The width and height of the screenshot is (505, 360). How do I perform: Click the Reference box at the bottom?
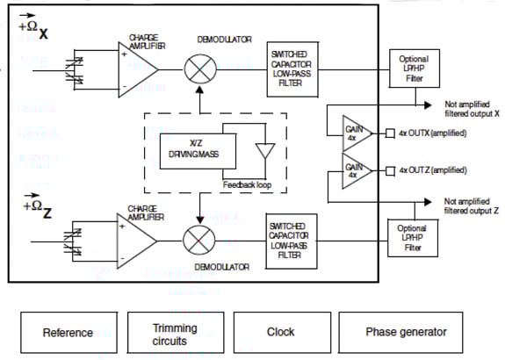pos(68,332)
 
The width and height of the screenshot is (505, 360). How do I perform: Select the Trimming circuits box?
pos(174,333)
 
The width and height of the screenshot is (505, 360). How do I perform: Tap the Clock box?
pos(280,332)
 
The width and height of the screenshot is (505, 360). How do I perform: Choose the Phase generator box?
pos(406,332)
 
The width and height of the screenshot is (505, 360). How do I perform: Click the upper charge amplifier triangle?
pos(138,68)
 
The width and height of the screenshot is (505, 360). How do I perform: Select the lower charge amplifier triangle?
pos(136,239)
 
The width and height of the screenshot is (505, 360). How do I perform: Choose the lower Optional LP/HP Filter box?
pos(413,238)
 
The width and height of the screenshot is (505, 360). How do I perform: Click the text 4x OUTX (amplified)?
pos(431,133)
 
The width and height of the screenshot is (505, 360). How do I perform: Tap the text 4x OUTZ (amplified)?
pos(431,169)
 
